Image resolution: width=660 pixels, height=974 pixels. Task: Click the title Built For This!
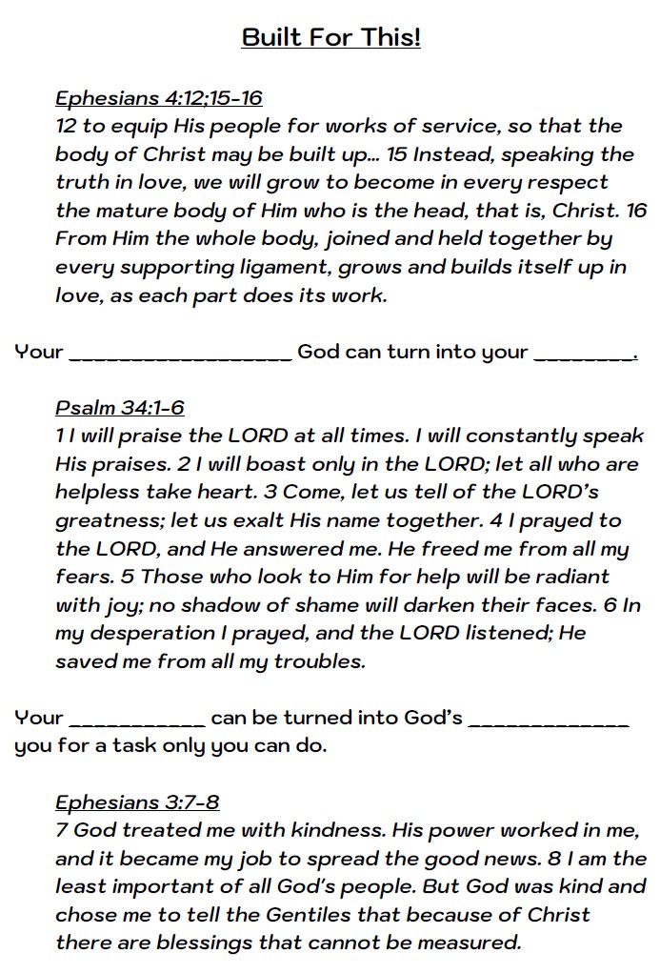[330, 37]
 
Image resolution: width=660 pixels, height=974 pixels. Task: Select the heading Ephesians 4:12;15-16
[158, 98]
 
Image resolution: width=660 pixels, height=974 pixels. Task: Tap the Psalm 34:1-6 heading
[119, 408]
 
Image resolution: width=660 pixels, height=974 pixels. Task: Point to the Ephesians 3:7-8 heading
[137, 802]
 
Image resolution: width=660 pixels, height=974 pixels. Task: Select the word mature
[130, 210]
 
